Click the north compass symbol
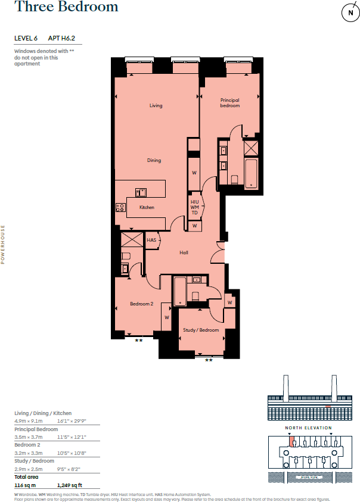point(347,13)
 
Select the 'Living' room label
point(156,105)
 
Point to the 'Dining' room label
point(154,160)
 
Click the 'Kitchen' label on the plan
point(147,207)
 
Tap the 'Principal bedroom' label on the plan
point(229,103)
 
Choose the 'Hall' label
point(184,252)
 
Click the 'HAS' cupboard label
point(151,240)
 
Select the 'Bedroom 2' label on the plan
point(141,304)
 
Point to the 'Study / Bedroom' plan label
point(201,330)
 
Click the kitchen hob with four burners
point(120,207)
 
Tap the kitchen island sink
point(141,192)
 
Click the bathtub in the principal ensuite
point(251,173)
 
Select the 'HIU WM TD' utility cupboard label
point(194,207)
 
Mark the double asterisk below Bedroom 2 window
point(138,340)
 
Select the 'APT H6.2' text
point(66,39)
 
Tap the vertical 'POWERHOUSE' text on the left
point(3,245)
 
